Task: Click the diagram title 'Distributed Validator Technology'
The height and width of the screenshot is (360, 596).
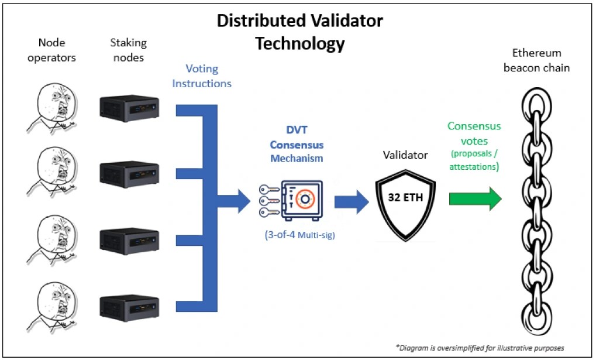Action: [300, 32]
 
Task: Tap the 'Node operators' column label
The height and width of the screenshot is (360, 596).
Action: [51, 50]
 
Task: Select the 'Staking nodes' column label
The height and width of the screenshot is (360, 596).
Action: [129, 50]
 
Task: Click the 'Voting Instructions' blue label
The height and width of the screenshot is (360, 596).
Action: [202, 76]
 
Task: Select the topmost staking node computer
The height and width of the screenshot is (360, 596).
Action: [129, 108]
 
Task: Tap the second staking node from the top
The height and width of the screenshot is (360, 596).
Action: [129, 174]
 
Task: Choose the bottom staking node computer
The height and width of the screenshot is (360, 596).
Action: [129, 308]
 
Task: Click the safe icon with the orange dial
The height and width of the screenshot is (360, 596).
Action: [302, 201]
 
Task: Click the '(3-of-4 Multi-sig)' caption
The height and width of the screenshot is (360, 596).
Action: [300, 235]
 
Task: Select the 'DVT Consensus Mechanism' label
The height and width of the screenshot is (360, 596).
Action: [297, 144]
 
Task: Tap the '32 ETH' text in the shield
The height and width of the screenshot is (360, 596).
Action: [405, 197]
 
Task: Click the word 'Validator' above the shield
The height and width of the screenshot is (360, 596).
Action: [405, 155]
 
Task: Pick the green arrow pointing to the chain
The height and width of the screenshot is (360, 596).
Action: [476, 198]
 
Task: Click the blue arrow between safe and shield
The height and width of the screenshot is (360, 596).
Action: [352, 202]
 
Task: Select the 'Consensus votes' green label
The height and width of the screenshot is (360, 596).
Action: [474, 133]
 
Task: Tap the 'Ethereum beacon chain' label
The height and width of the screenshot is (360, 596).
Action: [537, 60]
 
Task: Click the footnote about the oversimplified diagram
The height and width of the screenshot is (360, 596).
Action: [480, 348]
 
